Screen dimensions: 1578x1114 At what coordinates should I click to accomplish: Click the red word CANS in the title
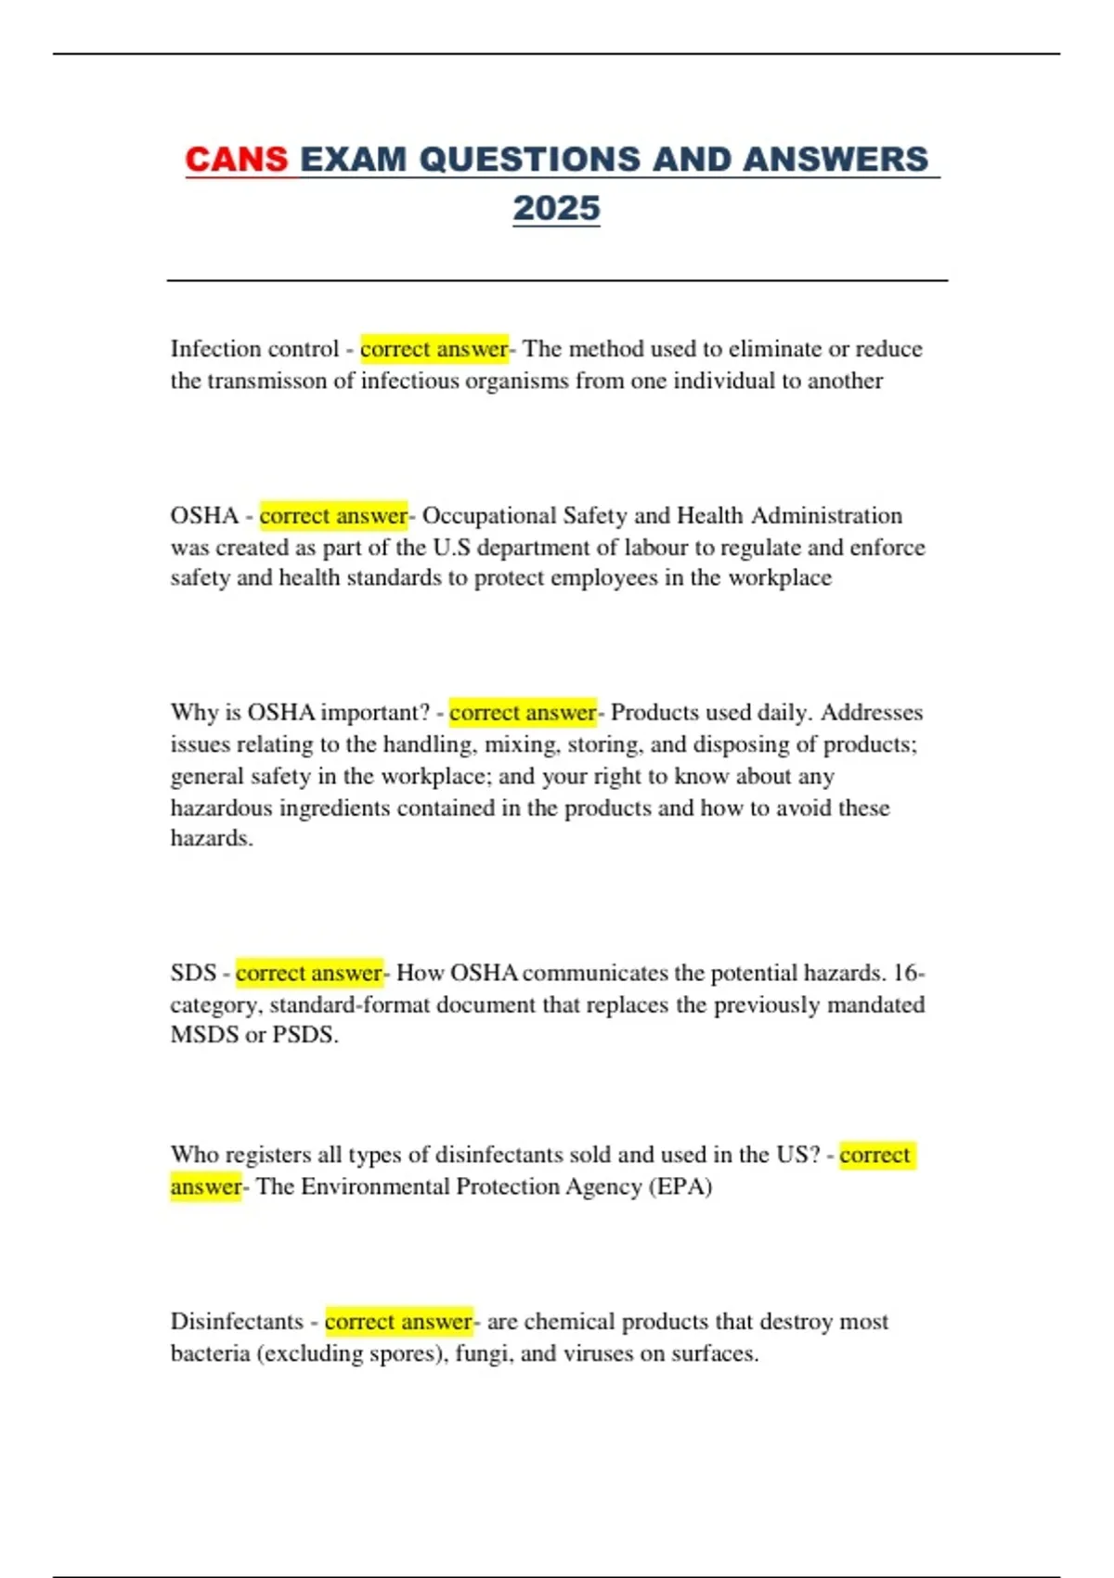pos(236,159)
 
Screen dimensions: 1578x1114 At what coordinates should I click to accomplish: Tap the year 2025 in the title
pos(556,208)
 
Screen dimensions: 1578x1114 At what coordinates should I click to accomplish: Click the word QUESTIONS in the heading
pos(529,159)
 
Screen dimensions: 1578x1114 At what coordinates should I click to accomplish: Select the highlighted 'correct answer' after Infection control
pos(434,349)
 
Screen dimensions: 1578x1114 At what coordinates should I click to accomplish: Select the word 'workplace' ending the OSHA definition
pos(780,577)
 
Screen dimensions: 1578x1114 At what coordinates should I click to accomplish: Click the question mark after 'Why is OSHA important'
pos(424,712)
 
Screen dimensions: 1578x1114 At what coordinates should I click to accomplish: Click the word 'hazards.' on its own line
pos(212,838)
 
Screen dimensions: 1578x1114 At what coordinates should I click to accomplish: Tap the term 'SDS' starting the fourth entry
pos(193,973)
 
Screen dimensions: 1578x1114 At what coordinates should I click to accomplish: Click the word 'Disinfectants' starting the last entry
pos(237,1321)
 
